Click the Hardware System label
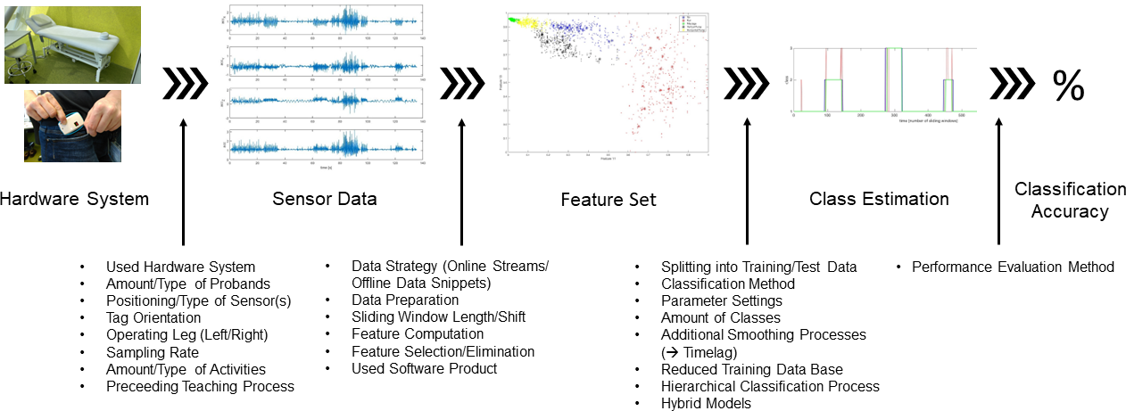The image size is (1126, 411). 74,199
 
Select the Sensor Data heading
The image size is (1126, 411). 324,199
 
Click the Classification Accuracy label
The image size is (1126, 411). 1069,200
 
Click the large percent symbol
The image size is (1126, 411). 1067,86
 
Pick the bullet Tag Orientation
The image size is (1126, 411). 153,317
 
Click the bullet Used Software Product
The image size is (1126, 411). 424,368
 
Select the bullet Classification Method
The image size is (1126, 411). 727,284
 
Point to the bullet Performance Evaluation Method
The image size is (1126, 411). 1013,267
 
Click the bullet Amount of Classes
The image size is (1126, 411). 720,317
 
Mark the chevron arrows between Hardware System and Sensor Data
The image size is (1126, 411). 185,85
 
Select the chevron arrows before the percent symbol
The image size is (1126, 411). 1011,85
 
